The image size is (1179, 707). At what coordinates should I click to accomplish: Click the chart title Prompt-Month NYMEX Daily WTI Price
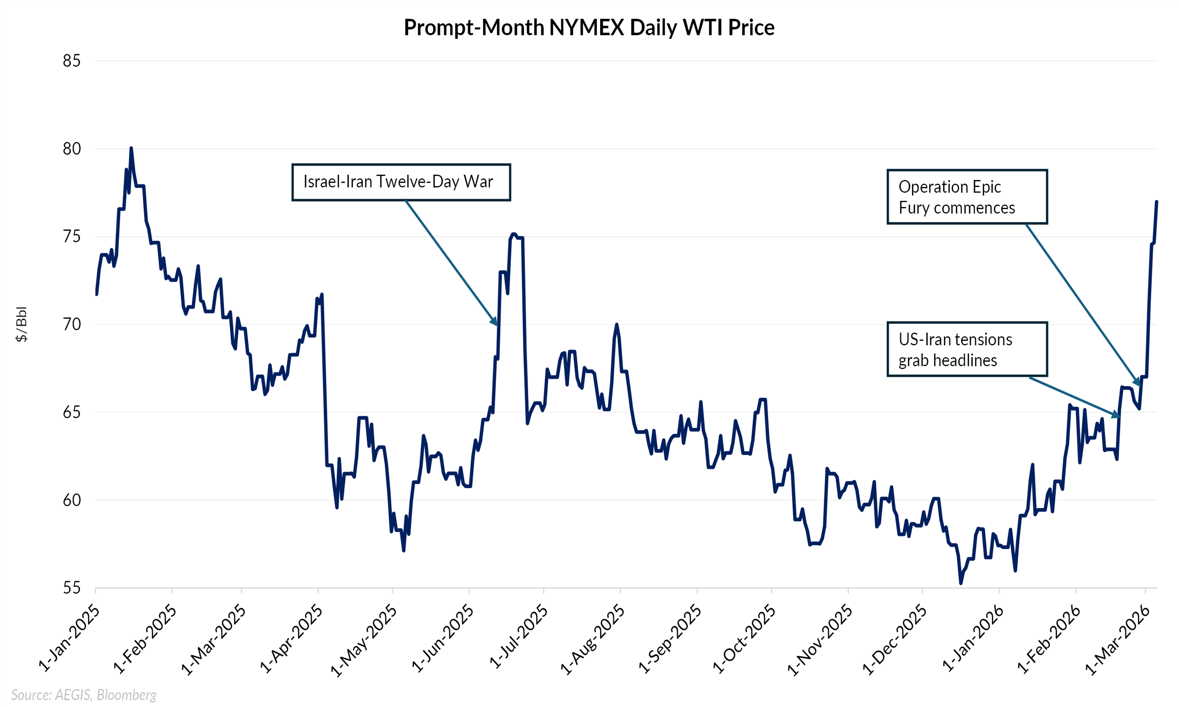pyautogui.click(x=589, y=27)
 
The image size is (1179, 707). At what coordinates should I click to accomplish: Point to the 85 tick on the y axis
pyautogui.click(x=72, y=61)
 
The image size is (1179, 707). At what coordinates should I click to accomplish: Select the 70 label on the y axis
pyautogui.click(x=72, y=324)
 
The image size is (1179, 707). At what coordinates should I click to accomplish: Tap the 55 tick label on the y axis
pyautogui.click(x=72, y=588)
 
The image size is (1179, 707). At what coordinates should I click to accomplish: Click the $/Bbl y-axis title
pyautogui.click(x=22, y=324)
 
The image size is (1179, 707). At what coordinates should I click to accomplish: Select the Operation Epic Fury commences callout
pyautogui.click(x=966, y=197)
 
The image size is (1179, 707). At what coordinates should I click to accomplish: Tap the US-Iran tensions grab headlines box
pyautogui.click(x=966, y=349)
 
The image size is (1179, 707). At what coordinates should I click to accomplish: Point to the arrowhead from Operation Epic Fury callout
pyautogui.click(x=1139, y=383)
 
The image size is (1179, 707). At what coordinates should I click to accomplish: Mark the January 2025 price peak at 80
pyautogui.click(x=131, y=148)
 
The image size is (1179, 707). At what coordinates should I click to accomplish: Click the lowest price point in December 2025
pyautogui.click(x=960, y=582)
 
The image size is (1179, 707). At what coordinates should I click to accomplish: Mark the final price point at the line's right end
pyautogui.click(x=1157, y=202)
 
